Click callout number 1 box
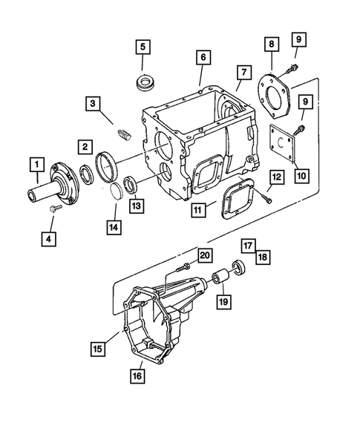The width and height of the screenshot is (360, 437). click(34, 162)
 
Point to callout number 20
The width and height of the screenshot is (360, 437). click(206, 254)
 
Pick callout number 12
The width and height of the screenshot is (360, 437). click(275, 177)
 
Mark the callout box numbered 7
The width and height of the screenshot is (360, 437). click(242, 73)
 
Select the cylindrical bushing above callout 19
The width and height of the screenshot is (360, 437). click(221, 281)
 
